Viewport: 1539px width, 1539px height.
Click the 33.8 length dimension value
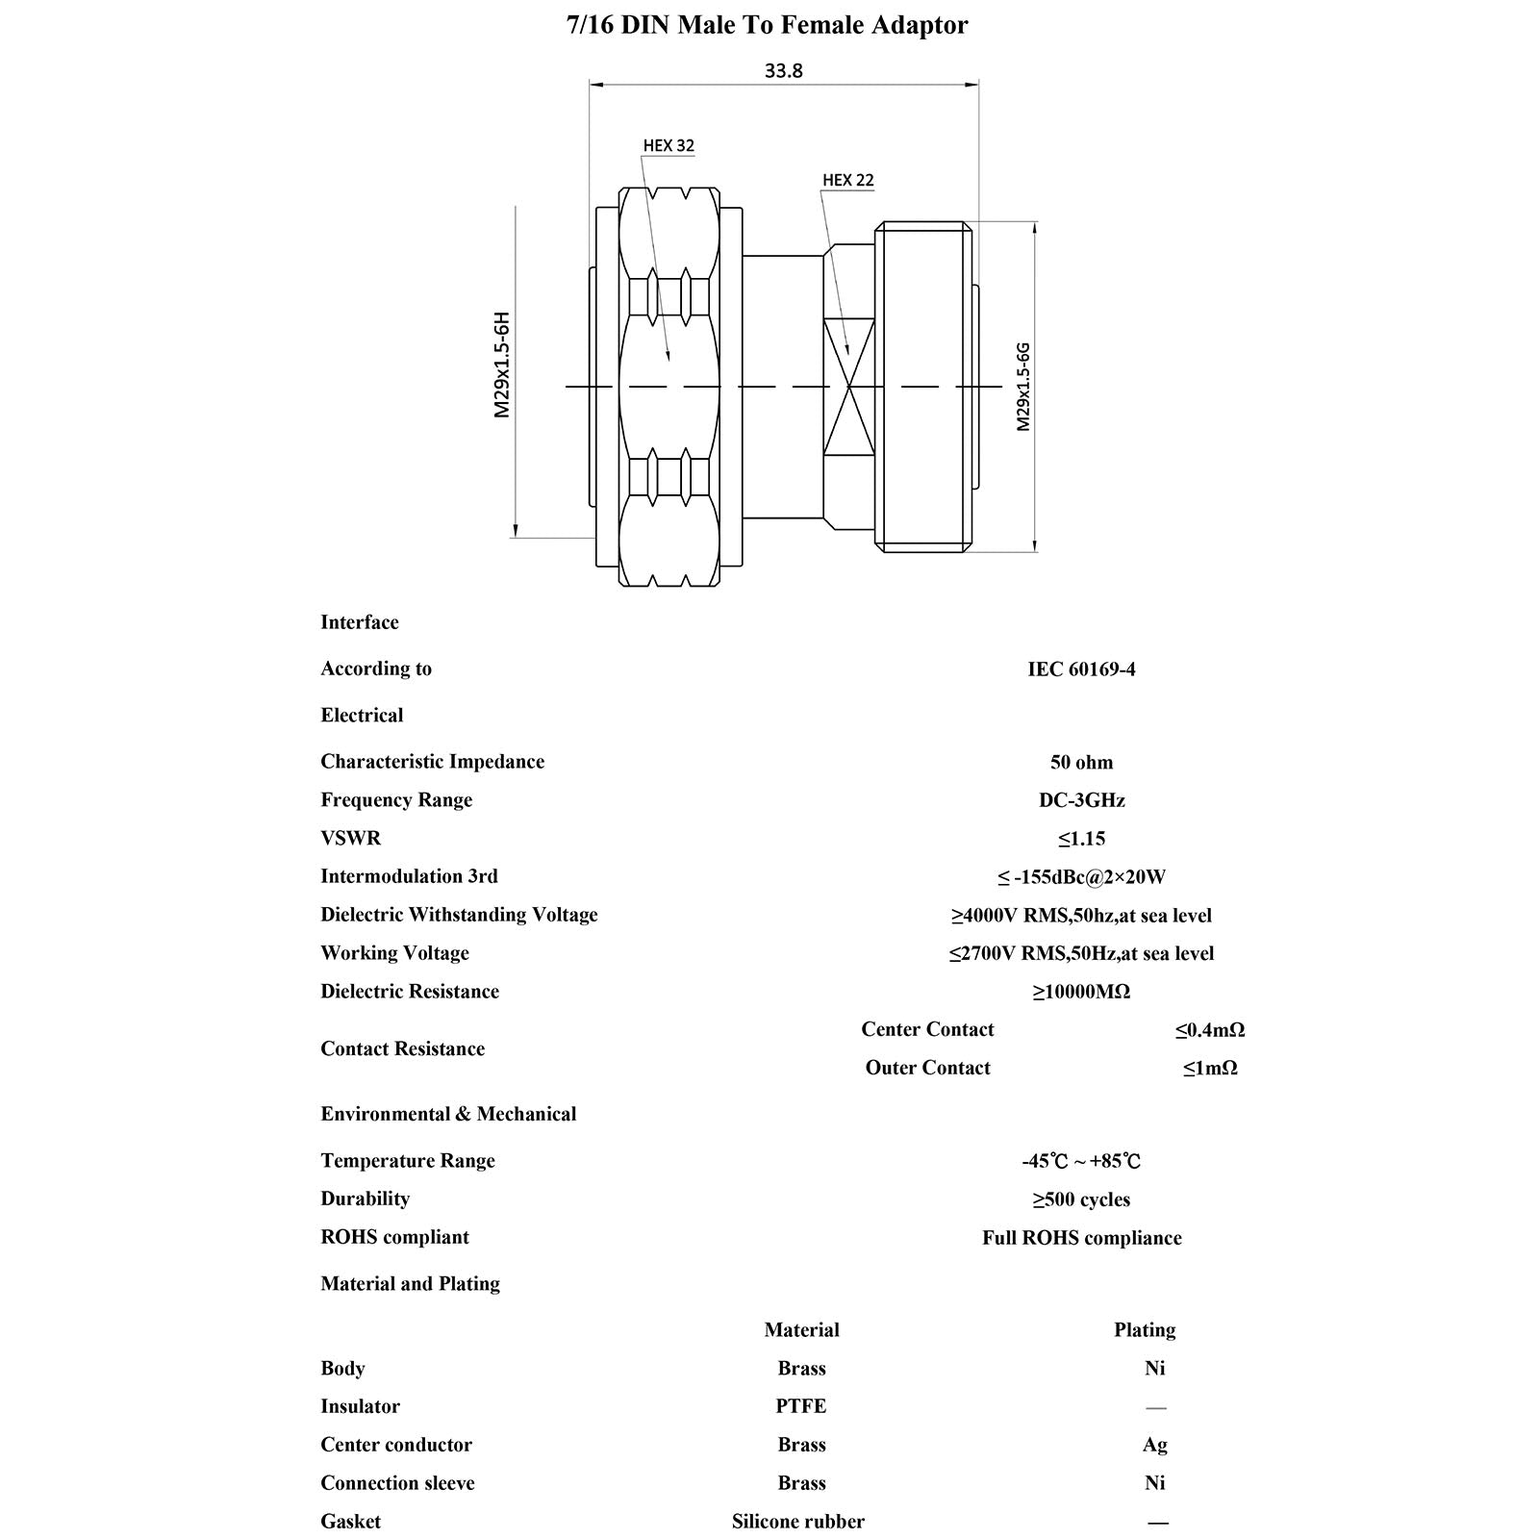click(x=783, y=71)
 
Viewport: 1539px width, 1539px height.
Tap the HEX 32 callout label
click(x=669, y=146)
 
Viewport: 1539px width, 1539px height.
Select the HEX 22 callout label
click(x=847, y=181)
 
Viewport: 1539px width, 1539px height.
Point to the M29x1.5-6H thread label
click(x=501, y=365)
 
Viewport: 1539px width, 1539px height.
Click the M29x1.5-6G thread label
click(x=1023, y=386)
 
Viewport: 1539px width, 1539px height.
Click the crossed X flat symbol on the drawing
click(x=848, y=388)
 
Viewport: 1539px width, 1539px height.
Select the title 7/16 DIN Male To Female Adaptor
click(x=768, y=25)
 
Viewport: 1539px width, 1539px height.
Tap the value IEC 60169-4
click(x=1081, y=669)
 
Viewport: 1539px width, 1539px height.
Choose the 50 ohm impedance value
click(x=1081, y=763)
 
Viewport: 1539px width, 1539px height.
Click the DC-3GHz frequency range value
click(x=1081, y=800)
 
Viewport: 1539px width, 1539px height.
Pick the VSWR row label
click(x=350, y=838)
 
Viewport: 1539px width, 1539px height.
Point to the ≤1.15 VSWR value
click(x=1081, y=839)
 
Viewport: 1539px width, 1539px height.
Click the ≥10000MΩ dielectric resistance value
click(x=1081, y=992)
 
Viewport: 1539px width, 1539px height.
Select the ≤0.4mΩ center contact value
click(x=1209, y=1030)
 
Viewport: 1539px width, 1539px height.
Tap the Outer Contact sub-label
click(x=927, y=1068)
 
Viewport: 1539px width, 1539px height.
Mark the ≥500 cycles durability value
click(x=1081, y=1199)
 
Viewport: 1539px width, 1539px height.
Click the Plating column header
click(x=1145, y=1330)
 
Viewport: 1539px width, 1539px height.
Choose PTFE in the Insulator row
click(x=800, y=1406)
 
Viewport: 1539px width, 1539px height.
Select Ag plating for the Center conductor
click(x=1154, y=1445)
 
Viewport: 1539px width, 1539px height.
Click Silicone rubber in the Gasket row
click(x=797, y=1522)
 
